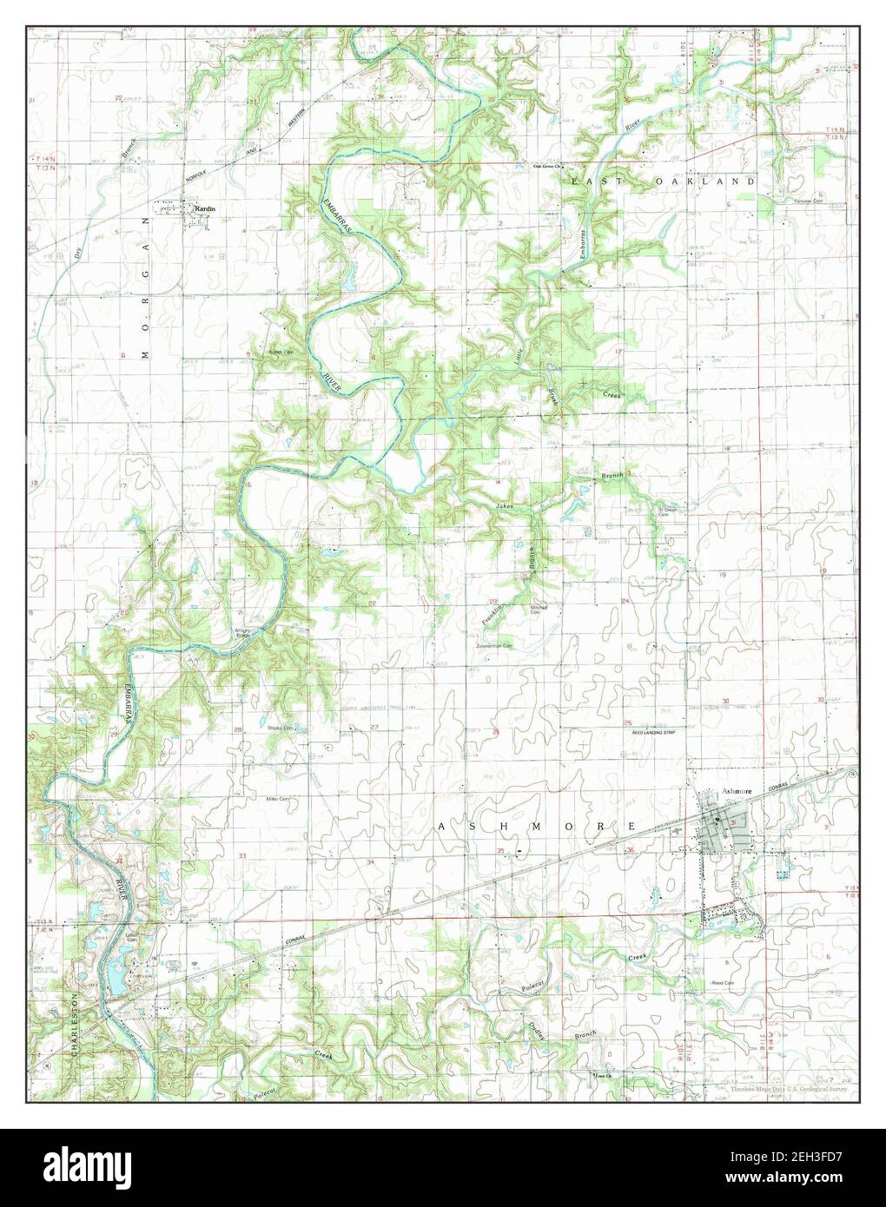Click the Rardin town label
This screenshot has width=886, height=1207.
[206, 208]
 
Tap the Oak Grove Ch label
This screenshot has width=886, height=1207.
[549, 167]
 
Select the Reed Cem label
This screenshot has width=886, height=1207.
[723, 983]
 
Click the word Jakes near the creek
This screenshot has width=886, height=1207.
[506, 505]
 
